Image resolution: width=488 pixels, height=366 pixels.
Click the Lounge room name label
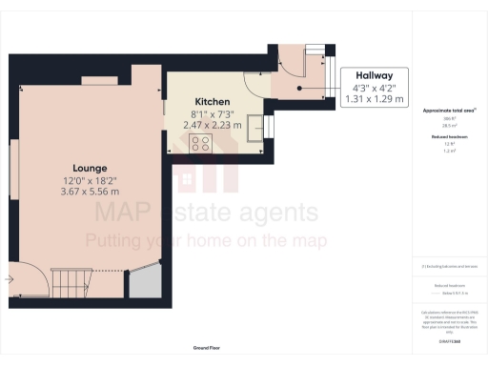[80, 168]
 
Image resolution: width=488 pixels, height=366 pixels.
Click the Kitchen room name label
[212, 101]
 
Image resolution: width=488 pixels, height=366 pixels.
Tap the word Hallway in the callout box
[373, 72]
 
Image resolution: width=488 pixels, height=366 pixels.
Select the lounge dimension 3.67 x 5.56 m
[80, 191]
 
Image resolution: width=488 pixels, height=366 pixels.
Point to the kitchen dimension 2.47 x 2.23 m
[212, 125]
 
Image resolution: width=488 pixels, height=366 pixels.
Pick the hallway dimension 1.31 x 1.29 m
[373, 99]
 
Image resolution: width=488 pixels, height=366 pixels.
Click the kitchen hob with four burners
[201, 143]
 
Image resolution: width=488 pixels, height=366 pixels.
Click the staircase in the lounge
[72, 281]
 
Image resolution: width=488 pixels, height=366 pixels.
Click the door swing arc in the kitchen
[249, 85]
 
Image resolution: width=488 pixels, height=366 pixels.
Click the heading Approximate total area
[449, 111]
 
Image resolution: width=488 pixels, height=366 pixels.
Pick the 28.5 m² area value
[449, 125]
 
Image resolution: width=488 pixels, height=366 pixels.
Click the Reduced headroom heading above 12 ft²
[449, 137]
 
